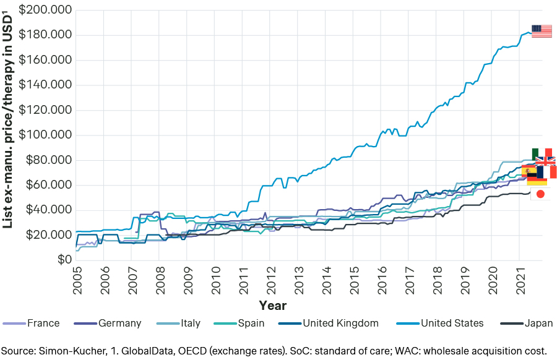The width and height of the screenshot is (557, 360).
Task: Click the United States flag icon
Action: (542, 32)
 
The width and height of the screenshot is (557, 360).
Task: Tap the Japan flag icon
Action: (540, 194)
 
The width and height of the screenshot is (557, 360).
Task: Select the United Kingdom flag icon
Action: (545, 161)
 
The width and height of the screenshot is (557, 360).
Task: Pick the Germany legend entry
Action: (107, 323)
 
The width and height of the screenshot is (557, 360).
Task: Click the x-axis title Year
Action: (272, 305)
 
